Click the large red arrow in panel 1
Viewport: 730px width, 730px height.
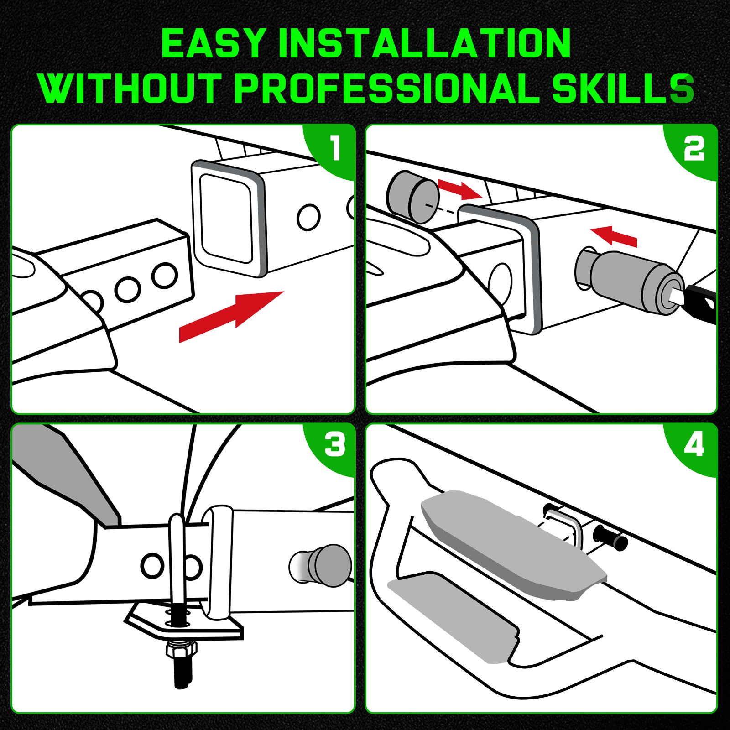[x=231, y=316]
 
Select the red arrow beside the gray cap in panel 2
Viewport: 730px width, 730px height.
[x=460, y=189]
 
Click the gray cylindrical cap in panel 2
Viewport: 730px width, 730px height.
[x=412, y=197]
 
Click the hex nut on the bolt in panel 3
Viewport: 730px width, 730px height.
[x=182, y=650]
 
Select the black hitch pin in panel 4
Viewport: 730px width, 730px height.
[x=610, y=537]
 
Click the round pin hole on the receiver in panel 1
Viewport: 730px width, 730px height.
[x=308, y=217]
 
